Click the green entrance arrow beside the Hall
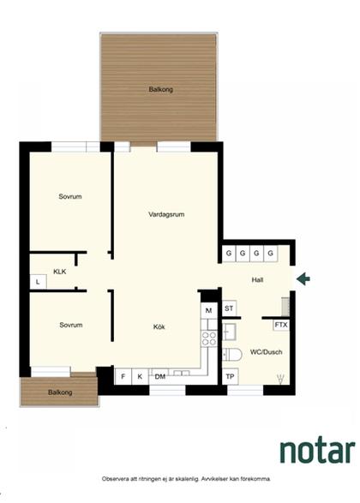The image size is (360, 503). pyautogui.click(x=303, y=278)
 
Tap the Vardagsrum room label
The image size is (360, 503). pyautogui.click(x=166, y=214)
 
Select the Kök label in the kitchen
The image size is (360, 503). pyautogui.click(x=159, y=326)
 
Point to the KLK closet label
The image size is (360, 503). pyautogui.click(x=60, y=272)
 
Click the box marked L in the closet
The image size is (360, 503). pyautogui.click(x=39, y=282)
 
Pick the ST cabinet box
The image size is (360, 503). pyautogui.click(x=229, y=308)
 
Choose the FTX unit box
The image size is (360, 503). pyautogui.click(x=281, y=325)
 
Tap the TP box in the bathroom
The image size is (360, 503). pyautogui.click(x=230, y=376)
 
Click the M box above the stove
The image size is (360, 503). pyautogui.click(x=209, y=310)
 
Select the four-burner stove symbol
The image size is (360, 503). pyautogui.click(x=209, y=338)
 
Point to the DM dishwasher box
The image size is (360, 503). pyautogui.click(x=160, y=377)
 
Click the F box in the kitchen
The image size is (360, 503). pyautogui.click(x=123, y=377)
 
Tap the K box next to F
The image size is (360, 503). pyautogui.click(x=140, y=377)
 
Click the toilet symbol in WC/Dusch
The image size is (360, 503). pyautogui.click(x=231, y=355)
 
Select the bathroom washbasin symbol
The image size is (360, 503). pyautogui.click(x=229, y=332)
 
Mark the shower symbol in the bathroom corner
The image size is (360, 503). pyautogui.click(x=280, y=378)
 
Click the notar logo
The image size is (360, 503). pyautogui.click(x=317, y=451)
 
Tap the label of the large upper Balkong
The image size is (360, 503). pyautogui.click(x=161, y=89)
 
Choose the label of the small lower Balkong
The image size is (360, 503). pyautogui.click(x=60, y=392)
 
